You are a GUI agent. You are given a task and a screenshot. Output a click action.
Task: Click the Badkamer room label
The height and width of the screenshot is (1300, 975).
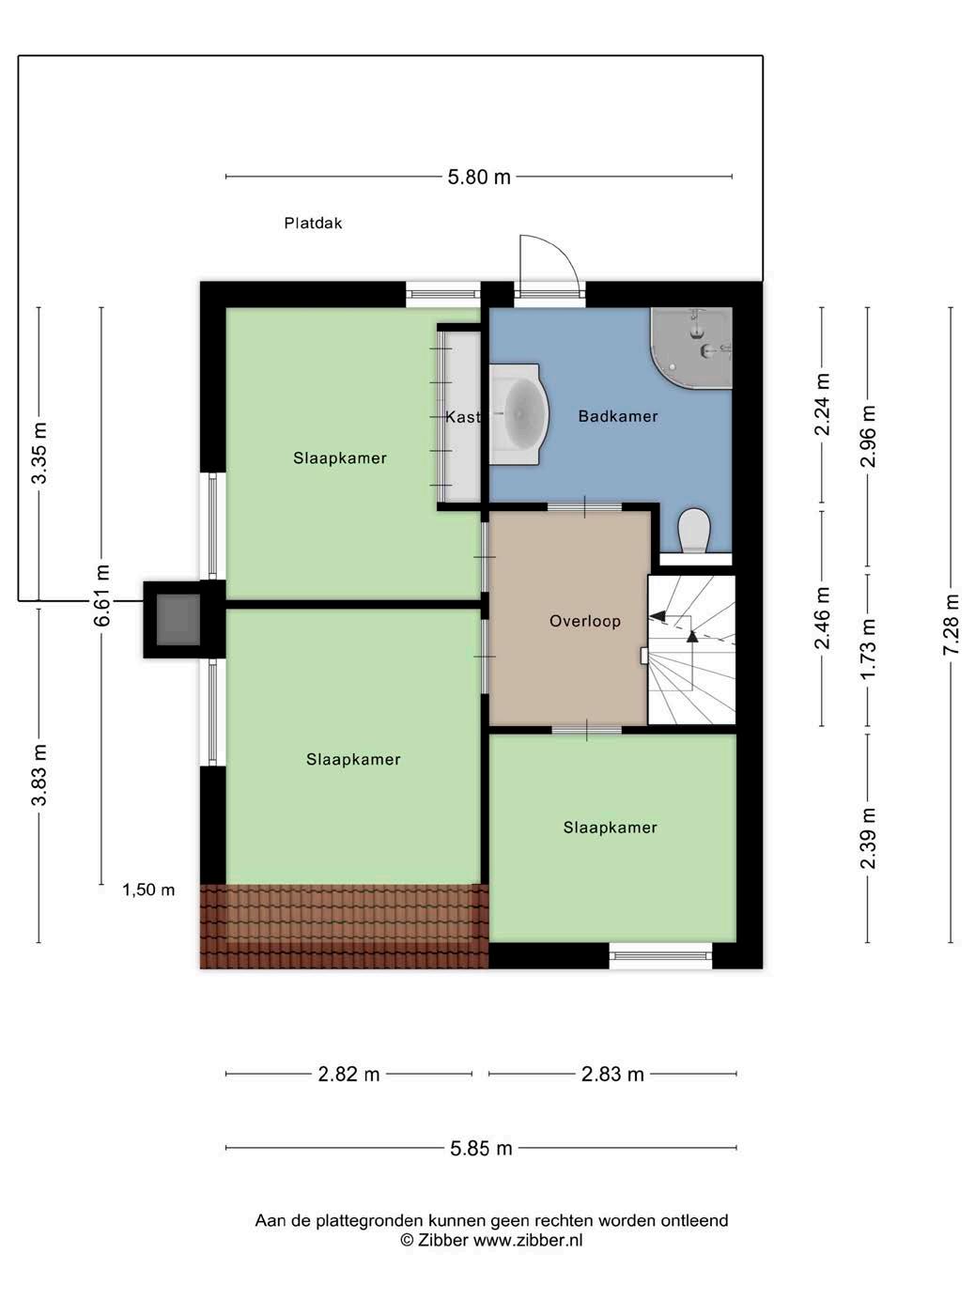click(x=617, y=416)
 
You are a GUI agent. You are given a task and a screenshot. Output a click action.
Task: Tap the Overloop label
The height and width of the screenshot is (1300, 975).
click(x=585, y=621)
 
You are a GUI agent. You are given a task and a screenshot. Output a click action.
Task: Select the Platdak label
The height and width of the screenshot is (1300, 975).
click(x=313, y=224)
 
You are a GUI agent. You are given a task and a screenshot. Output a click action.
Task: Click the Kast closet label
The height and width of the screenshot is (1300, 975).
click(x=462, y=417)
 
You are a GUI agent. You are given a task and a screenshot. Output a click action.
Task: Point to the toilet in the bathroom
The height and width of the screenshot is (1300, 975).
click(x=694, y=530)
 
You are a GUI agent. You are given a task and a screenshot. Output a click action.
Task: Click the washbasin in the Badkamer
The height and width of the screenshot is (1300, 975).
click(x=518, y=414)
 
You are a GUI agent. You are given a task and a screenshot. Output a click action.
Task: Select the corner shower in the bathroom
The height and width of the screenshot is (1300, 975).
click(x=691, y=348)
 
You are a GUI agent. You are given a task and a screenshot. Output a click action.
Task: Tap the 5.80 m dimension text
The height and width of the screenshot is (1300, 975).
click(x=479, y=178)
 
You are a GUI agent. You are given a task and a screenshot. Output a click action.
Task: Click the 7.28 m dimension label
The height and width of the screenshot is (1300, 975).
click(x=951, y=625)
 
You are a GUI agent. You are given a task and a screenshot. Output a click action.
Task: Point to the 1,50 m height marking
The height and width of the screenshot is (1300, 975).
click(x=148, y=890)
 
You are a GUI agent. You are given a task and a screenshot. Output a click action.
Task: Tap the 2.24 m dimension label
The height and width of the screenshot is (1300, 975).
click(x=822, y=405)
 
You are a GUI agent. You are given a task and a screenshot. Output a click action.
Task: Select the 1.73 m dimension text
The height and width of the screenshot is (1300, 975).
click(x=868, y=649)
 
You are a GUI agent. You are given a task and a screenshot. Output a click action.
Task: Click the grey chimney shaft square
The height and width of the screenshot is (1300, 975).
click(x=178, y=620)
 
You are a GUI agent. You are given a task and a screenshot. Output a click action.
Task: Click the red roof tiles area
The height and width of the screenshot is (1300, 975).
click(x=344, y=927)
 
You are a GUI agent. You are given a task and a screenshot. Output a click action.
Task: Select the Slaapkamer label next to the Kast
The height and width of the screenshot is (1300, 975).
click(x=340, y=457)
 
